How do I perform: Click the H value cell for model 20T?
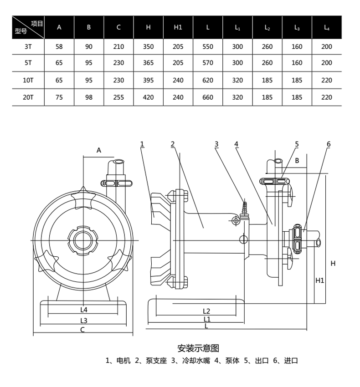tap(148, 97)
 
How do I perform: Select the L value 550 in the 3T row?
tap(208, 46)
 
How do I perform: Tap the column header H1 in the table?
tap(178, 27)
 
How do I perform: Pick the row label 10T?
tap(28, 80)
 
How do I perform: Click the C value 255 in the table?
tap(118, 97)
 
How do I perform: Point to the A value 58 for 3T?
tap(59, 46)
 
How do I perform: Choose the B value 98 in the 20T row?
tap(89, 97)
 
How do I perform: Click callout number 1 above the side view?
tap(142, 144)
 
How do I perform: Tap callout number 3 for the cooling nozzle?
tap(216, 144)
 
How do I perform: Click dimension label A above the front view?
tap(98, 150)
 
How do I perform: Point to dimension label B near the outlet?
tap(296, 160)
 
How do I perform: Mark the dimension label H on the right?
tap(333, 263)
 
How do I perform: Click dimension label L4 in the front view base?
tap(83, 310)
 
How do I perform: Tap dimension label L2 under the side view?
tap(206, 311)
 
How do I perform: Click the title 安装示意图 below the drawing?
tap(198, 348)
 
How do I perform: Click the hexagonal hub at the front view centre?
tap(83, 239)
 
